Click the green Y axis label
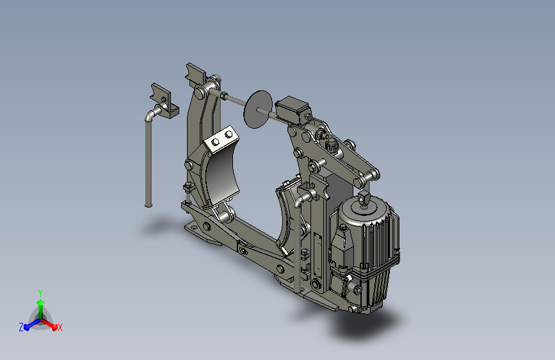40,293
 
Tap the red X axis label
60,328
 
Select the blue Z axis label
21,327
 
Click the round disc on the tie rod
258,110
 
